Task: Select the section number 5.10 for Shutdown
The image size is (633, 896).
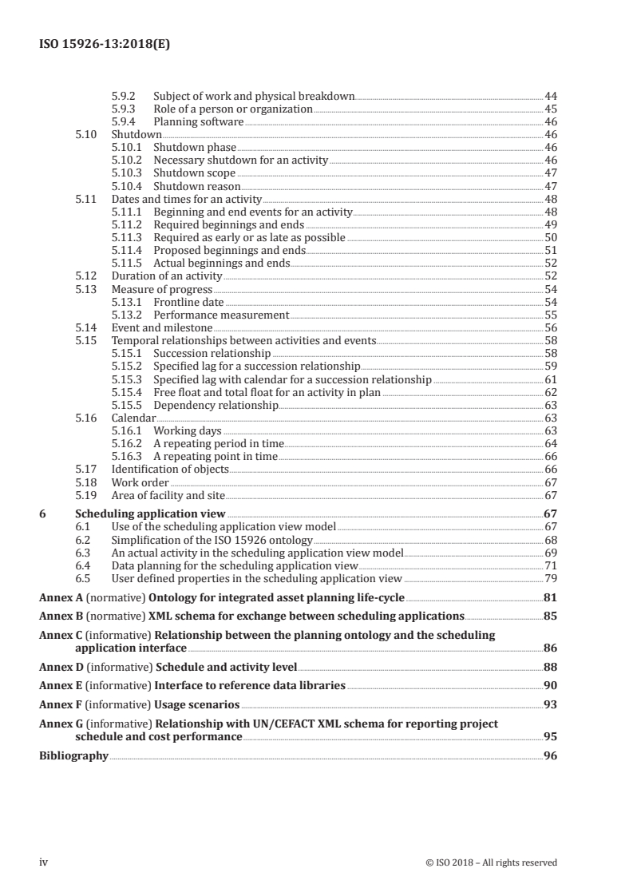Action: (x=85, y=134)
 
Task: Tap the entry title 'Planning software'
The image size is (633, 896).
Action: (x=198, y=121)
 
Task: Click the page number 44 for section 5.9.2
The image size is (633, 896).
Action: (x=550, y=96)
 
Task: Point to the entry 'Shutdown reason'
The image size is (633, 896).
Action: (x=196, y=185)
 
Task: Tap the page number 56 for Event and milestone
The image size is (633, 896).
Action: (x=550, y=327)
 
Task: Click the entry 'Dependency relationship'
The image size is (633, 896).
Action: (x=216, y=405)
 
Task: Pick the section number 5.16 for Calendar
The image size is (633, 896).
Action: (x=85, y=418)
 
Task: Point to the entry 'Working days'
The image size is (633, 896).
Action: (x=186, y=430)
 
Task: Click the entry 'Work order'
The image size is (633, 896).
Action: (x=140, y=482)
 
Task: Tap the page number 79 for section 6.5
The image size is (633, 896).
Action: (x=550, y=578)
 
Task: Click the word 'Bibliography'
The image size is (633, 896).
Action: (x=73, y=755)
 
